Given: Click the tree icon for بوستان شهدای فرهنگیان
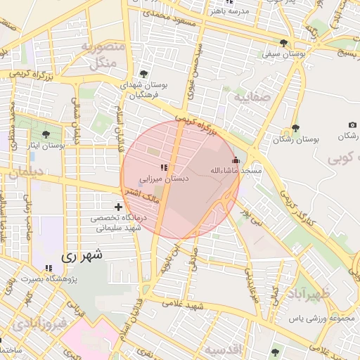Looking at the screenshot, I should click(x=144, y=74).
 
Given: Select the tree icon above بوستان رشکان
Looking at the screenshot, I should click(x=295, y=127).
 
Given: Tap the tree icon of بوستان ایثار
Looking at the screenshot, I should click(x=46, y=134).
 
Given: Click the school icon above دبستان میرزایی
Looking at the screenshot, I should click(x=164, y=167).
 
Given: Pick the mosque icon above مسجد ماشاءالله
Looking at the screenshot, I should click(x=235, y=160).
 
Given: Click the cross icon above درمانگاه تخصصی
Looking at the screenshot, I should click(x=118, y=207).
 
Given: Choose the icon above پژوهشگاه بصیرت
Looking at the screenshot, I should click(x=49, y=268).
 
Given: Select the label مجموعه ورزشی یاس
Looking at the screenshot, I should click(x=322, y=319).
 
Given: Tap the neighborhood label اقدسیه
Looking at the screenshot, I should click(x=224, y=349).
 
